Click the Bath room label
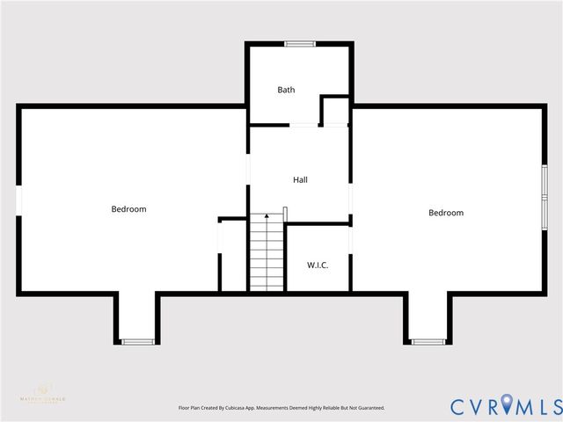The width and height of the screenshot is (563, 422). click(286, 90)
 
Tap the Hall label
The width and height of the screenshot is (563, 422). click(300, 179)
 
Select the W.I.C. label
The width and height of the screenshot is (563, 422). click(318, 265)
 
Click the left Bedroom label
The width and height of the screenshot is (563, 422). click(128, 209)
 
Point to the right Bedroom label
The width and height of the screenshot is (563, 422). click(446, 213)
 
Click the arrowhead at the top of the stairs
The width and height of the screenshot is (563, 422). click(266, 216)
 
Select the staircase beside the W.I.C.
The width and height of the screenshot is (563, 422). click(266, 255)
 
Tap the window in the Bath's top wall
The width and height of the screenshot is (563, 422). click(299, 43)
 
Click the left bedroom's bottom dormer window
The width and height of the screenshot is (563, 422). click(136, 341)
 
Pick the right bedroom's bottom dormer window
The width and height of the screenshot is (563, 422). click(428, 341)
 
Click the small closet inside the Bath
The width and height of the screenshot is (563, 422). click(334, 112)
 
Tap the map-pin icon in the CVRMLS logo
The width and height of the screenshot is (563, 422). click(509, 406)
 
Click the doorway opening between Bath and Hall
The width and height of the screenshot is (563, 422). click(303, 126)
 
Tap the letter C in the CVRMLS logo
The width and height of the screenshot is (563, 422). click(459, 406)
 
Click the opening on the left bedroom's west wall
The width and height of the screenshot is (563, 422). click(18, 200)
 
